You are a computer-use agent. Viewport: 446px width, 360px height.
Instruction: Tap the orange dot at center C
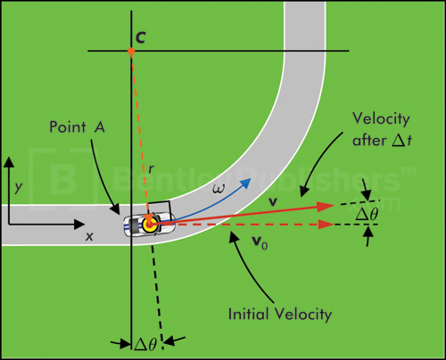click(x=131, y=52)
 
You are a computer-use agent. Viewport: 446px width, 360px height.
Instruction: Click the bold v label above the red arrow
click(x=274, y=202)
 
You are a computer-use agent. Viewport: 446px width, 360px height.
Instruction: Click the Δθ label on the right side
click(x=368, y=215)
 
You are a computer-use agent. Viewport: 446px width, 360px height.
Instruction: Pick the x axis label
click(x=88, y=238)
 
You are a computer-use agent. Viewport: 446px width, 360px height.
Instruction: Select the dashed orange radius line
click(x=138, y=134)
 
